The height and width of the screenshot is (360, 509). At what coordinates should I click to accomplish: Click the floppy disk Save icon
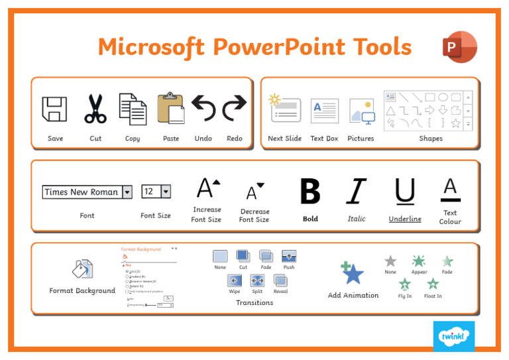coord(54,109)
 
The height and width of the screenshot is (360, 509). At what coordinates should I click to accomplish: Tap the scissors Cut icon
coord(95,109)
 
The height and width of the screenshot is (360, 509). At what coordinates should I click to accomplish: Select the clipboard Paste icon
coord(170,108)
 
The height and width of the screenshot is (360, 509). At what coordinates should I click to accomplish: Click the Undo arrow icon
coord(203,108)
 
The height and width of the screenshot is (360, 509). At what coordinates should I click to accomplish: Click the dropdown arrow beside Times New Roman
coord(127,192)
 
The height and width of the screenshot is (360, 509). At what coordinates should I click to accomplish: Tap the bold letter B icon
coord(310,192)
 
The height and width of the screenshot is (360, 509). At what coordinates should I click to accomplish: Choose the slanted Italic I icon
coord(357,192)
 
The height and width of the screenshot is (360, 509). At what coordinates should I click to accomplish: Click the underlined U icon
coord(405,192)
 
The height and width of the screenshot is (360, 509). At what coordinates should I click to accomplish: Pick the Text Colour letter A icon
coord(450,190)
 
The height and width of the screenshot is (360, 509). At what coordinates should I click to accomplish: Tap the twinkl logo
coord(454,335)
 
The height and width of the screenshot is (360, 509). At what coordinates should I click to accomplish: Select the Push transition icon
coord(289,256)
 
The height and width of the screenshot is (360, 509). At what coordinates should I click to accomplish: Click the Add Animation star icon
coord(353,272)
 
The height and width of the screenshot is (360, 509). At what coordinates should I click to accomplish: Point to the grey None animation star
coord(390,261)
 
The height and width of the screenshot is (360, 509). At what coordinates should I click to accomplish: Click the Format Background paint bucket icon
coord(82,269)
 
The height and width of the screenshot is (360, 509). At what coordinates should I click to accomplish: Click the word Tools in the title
coord(380,47)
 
